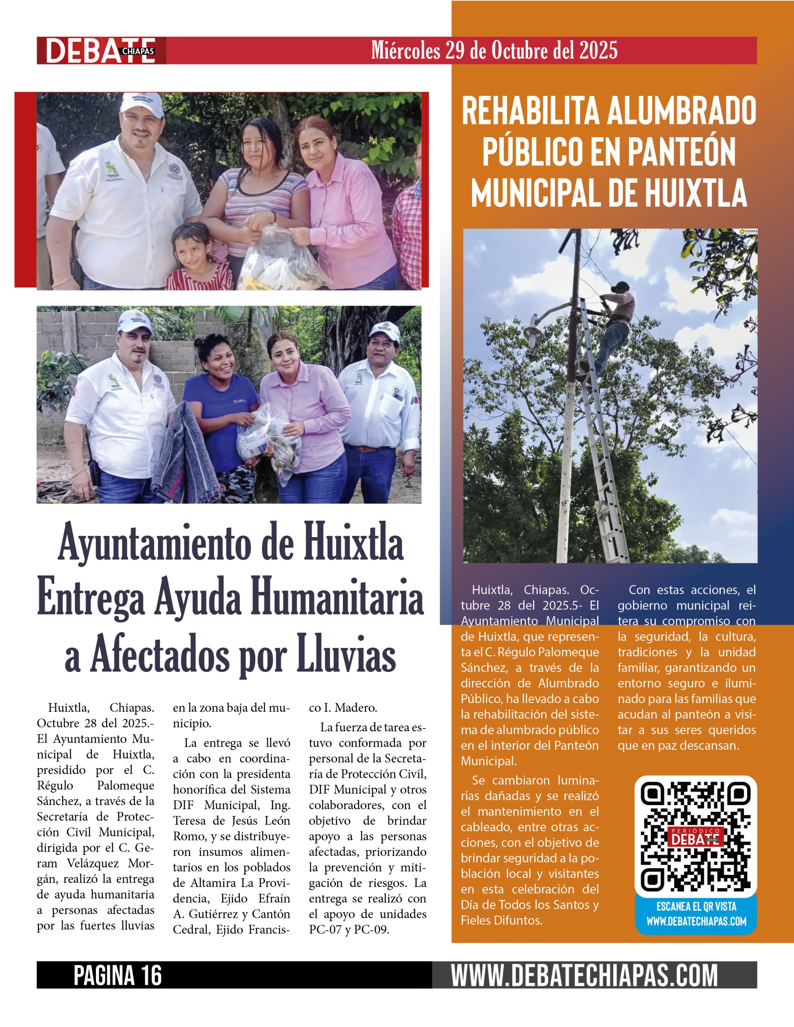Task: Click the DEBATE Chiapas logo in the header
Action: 101,50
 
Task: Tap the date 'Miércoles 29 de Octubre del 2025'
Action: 494,50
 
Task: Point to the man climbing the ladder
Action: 611,325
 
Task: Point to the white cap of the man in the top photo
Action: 141,104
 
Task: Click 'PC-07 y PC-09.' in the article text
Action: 349,930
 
